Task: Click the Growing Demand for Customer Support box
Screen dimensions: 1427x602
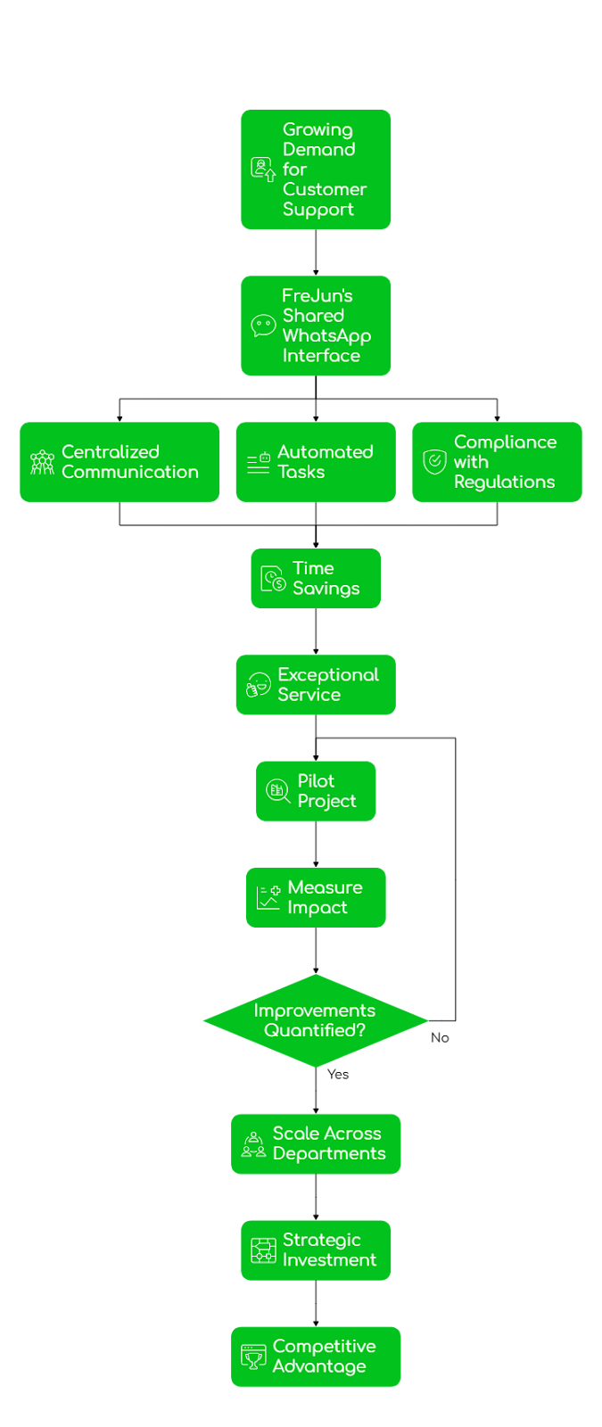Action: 316,169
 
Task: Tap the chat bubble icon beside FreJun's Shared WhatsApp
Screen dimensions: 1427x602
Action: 263,326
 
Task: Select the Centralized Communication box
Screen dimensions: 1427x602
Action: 120,462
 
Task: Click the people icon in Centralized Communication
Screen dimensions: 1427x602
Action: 42,462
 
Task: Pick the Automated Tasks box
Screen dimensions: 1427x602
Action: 316,462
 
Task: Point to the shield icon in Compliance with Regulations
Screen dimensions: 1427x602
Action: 434,462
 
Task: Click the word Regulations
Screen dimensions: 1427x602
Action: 504,483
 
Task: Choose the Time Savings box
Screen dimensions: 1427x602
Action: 316,579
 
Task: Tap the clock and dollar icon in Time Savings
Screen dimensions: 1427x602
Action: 273,580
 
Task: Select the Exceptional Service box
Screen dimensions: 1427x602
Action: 316,685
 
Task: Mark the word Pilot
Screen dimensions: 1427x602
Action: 316,781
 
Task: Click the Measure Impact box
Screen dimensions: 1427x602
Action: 316,897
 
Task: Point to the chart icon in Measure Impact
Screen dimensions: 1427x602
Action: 268,898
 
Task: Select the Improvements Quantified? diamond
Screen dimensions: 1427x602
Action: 316,1020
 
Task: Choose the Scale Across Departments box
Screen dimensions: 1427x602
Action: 316,1143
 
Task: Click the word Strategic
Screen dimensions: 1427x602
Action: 321,1241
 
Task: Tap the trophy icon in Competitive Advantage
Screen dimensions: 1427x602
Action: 253,1357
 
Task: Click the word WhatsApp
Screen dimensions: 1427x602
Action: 326,336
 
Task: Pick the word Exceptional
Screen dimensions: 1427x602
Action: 328,675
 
